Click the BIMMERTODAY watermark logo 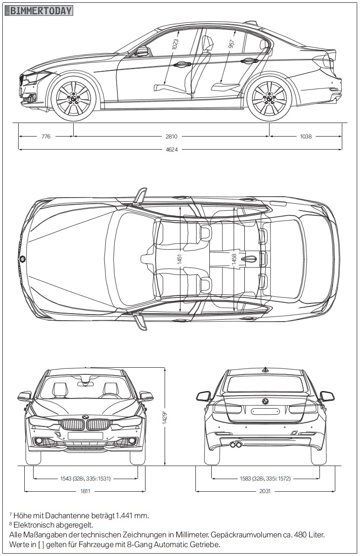coord(41,11)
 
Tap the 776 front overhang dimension coord(46,137)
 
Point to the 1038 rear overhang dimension coord(306,137)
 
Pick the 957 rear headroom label coord(231,43)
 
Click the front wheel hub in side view coord(73,99)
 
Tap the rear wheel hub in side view coord(269,99)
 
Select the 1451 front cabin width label coord(180,260)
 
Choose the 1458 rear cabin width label coord(234,260)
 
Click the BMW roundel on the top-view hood coord(22,259)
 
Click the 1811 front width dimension coord(85,491)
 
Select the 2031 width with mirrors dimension coord(265,491)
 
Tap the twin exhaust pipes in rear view coord(236,445)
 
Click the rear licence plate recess coord(265,412)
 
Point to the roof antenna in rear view coord(265,370)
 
